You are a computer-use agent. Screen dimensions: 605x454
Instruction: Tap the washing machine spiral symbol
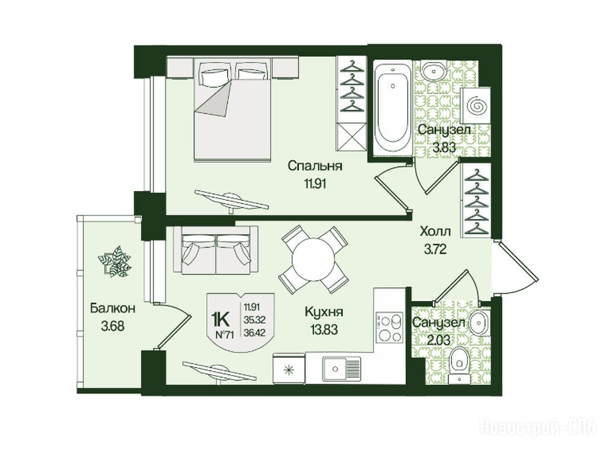coord(476,105)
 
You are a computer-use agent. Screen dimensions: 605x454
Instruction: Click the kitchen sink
coord(341,369)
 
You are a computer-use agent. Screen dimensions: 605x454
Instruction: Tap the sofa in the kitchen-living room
coord(216,250)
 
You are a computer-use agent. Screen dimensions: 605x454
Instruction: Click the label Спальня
coord(315,167)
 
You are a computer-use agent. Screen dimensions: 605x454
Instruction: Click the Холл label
coord(435,232)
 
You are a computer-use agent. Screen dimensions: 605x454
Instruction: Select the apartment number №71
coord(225,335)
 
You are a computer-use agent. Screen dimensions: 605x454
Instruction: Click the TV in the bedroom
coord(231,200)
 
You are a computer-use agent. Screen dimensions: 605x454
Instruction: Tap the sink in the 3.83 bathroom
coord(433,71)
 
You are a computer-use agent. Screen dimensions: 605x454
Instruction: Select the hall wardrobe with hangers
coord(475,200)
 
